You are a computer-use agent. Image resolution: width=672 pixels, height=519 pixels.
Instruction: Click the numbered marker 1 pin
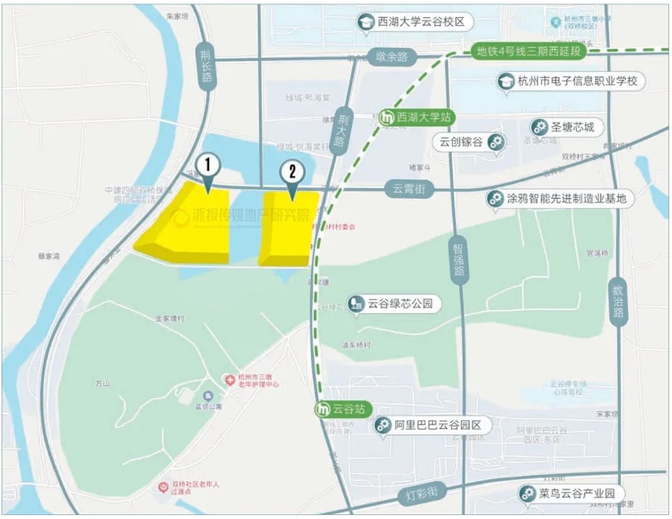click(208, 164)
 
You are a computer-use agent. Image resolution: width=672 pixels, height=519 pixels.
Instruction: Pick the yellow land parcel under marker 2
click(288, 227)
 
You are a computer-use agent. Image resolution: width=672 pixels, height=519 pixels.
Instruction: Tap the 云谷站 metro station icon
click(322, 409)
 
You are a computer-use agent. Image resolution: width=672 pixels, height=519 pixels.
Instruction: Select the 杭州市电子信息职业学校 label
click(578, 81)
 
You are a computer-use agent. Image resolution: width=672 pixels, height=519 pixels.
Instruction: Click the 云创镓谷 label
click(462, 142)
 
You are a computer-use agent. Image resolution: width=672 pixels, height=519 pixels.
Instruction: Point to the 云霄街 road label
click(409, 188)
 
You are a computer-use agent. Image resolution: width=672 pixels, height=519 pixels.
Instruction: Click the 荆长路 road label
click(207, 77)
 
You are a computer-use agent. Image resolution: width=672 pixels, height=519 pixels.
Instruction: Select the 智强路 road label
click(458, 259)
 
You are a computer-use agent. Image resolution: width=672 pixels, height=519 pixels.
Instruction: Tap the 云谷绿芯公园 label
click(399, 304)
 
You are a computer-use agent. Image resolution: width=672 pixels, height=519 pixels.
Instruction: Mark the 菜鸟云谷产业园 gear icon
click(527, 493)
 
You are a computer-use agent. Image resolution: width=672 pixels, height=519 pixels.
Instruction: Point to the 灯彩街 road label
click(420, 492)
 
